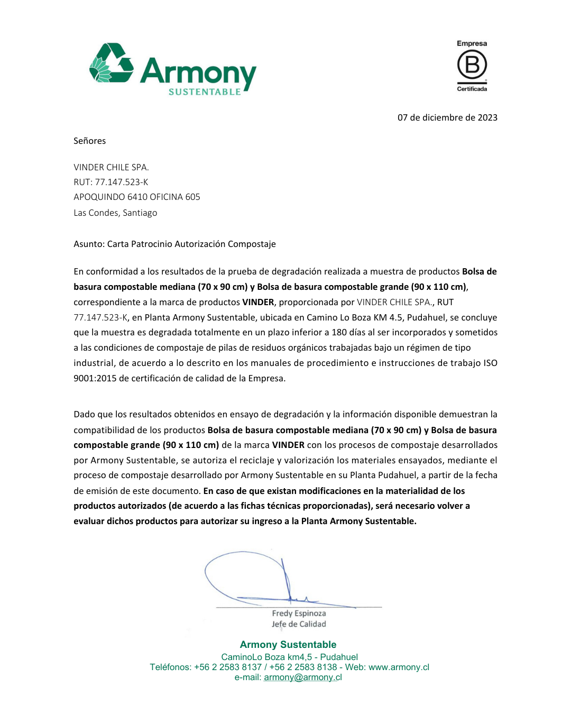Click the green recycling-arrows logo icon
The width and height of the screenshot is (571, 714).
tap(111, 63)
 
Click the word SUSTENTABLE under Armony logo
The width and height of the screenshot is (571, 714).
tap(205, 92)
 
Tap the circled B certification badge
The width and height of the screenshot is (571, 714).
tap(472, 65)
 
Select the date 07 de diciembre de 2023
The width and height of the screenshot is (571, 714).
tap(447, 117)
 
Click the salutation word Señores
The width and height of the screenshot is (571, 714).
tap(90, 141)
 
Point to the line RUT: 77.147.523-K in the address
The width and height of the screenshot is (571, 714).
tap(111, 182)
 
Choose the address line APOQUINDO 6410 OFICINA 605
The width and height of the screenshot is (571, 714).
tap(137, 197)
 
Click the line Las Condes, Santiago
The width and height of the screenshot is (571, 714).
tap(115, 213)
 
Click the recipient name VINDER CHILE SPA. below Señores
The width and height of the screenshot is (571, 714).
tap(111, 167)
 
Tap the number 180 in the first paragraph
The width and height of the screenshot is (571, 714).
tap(339, 332)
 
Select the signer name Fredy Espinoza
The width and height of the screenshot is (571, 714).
tap(299, 614)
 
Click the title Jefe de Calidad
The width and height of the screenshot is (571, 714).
tap(299, 624)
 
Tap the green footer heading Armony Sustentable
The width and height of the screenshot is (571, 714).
tap(288, 645)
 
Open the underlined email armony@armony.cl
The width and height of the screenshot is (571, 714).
tap(303, 678)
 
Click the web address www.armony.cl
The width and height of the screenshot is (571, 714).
tap(399, 667)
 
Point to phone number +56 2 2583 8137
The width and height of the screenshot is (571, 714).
tap(228, 667)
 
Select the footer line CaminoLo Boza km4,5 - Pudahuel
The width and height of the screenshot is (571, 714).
tap(289, 657)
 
